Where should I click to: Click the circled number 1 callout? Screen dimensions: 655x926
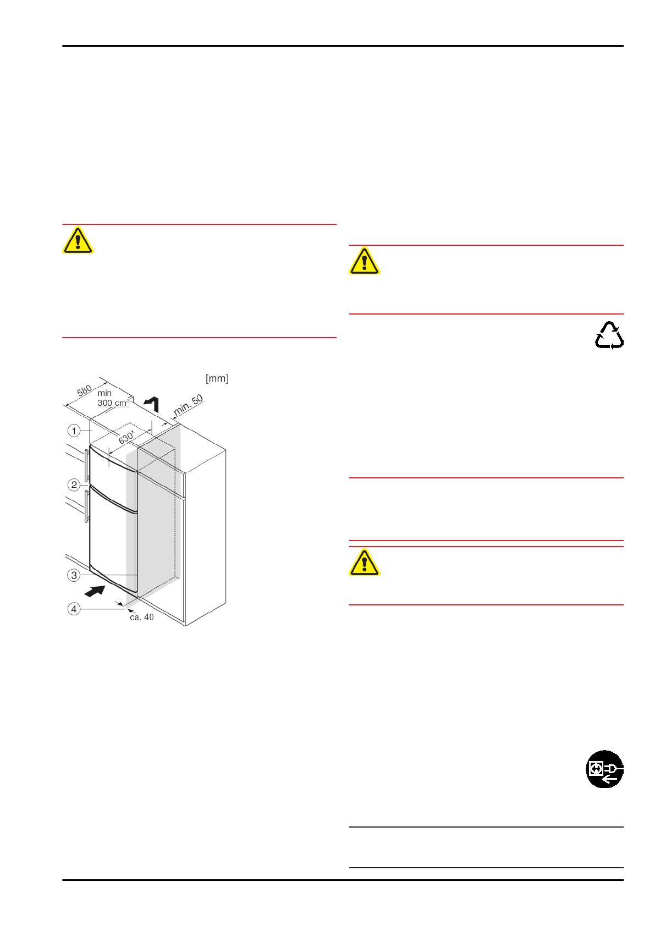[74, 431]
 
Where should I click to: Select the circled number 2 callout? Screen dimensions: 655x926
[74, 485]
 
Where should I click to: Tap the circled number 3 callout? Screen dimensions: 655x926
[74, 575]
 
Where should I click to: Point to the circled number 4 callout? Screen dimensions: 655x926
[74, 609]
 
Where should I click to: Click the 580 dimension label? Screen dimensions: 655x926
[84, 391]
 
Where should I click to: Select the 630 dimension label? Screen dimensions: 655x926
[126, 437]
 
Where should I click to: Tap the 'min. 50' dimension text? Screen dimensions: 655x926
[188, 405]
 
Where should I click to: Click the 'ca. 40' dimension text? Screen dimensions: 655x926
[142, 618]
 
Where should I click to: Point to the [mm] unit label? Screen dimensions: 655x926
[217, 378]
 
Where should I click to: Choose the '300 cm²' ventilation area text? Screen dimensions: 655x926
[113, 403]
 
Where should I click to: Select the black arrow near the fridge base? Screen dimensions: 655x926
[95, 592]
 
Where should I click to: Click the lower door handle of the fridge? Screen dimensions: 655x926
[87, 506]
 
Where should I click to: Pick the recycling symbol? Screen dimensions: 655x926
[609, 336]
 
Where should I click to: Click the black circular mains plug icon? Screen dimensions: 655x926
[604, 769]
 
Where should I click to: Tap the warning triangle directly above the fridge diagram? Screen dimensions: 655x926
[78, 241]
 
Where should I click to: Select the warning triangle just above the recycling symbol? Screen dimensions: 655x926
[364, 261]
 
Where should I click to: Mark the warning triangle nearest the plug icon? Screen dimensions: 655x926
[364, 563]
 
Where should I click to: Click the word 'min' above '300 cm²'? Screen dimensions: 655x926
[104, 393]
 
